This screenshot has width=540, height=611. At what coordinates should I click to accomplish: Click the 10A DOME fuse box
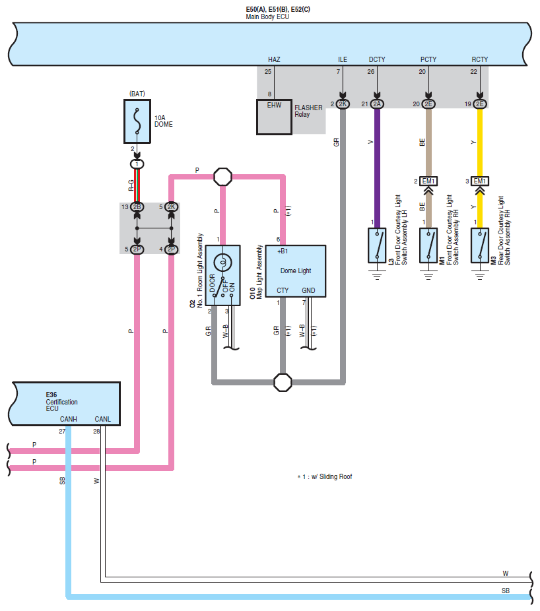click(137, 121)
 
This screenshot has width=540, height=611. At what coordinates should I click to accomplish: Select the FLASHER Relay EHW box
click(274, 117)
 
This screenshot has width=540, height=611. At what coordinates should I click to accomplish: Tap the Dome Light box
click(296, 271)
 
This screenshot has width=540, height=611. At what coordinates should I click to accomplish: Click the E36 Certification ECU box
click(65, 404)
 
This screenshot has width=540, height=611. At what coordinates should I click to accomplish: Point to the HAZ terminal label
click(274, 59)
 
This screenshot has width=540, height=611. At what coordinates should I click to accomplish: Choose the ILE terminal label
click(343, 59)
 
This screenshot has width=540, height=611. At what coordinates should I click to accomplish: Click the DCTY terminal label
click(377, 59)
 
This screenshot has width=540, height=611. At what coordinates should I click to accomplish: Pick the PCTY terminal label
click(428, 59)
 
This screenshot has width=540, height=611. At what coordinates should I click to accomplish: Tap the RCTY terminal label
click(479, 59)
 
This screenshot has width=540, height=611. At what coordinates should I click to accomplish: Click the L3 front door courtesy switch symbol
click(377, 245)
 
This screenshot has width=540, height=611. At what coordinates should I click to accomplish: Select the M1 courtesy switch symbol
click(428, 245)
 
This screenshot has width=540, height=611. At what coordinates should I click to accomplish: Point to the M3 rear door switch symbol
click(480, 245)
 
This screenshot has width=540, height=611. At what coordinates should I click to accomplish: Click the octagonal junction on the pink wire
click(223, 177)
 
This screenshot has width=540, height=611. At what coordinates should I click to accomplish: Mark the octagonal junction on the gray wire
click(283, 382)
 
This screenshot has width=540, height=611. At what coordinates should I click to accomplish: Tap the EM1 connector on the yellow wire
click(479, 181)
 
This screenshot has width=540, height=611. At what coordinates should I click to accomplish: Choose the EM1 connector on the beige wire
click(428, 181)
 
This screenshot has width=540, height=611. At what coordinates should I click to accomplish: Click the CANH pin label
click(68, 419)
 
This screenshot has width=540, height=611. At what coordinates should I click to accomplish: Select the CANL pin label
click(102, 419)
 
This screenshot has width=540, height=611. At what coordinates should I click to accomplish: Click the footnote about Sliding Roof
click(325, 476)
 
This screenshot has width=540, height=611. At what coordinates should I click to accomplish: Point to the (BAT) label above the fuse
click(137, 94)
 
